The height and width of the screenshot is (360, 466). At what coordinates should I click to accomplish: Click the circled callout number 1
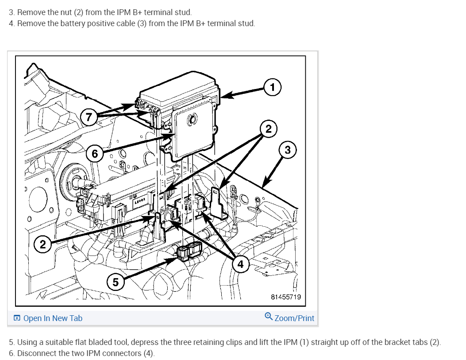tap(273, 87)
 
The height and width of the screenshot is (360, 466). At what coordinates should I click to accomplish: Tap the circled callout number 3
tap(288, 150)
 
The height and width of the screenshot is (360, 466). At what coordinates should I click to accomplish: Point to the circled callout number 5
tap(115, 282)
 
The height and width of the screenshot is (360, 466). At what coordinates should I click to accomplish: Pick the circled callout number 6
tap(94, 154)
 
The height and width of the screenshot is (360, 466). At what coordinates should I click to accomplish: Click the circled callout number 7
tap(89, 117)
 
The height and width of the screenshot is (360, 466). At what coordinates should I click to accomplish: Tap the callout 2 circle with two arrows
tap(268, 129)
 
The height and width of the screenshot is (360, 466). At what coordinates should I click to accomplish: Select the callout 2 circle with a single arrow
tap(42, 244)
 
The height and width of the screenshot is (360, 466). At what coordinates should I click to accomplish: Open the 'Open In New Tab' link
tap(53, 318)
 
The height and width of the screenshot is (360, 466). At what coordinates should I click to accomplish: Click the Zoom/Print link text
tap(294, 318)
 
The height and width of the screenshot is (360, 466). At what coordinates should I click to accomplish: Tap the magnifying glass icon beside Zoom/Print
tap(268, 317)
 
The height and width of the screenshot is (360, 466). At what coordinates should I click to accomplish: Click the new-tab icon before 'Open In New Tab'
tap(17, 318)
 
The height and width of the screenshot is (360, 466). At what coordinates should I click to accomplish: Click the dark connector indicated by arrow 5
tap(189, 252)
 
